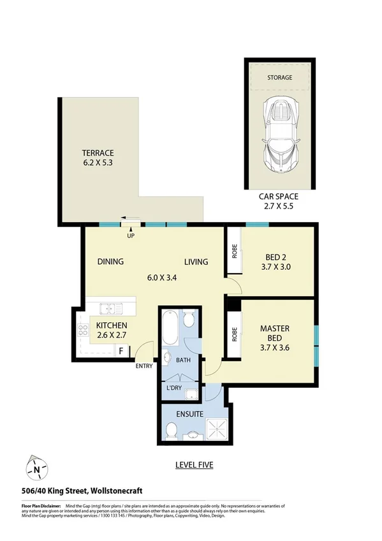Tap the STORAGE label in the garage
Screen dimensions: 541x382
(279, 78)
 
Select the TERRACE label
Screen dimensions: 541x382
(98, 153)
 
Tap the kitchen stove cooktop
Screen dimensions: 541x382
(83, 331)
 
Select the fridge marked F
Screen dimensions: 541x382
(121, 350)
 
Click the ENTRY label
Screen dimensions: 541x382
(143, 366)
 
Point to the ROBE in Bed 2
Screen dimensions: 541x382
(233, 251)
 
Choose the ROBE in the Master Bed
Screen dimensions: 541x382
(234, 334)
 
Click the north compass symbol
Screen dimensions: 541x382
(36, 470)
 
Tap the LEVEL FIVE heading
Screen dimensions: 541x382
(194, 465)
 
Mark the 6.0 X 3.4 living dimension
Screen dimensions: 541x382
(163, 278)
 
